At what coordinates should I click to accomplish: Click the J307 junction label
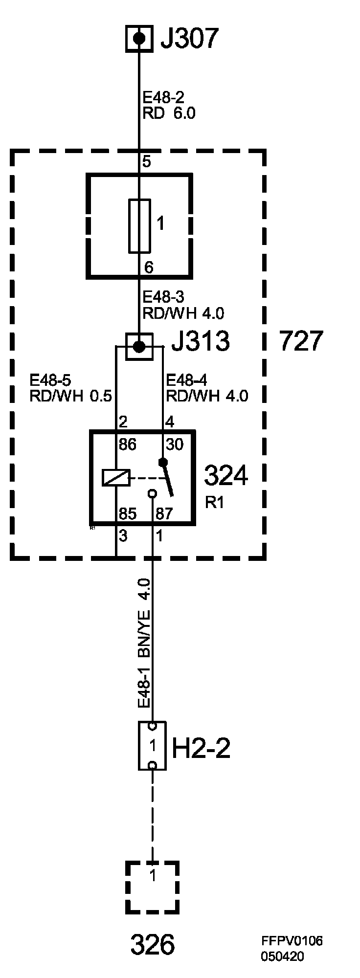pyautogui.click(x=189, y=39)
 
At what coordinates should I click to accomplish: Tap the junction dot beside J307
pyautogui.click(x=139, y=38)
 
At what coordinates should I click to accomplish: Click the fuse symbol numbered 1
pyautogui.click(x=139, y=226)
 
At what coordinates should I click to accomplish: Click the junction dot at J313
pyautogui.click(x=139, y=347)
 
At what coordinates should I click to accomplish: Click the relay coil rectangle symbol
pyautogui.click(x=116, y=477)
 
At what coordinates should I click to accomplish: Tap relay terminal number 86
pyautogui.click(x=127, y=445)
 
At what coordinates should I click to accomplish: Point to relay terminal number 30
pyautogui.click(x=175, y=445)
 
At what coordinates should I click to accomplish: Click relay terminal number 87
pyautogui.click(x=164, y=514)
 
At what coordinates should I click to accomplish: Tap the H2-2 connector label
pyautogui.click(x=201, y=748)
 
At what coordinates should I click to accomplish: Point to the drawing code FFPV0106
pyautogui.click(x=292, y=941)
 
